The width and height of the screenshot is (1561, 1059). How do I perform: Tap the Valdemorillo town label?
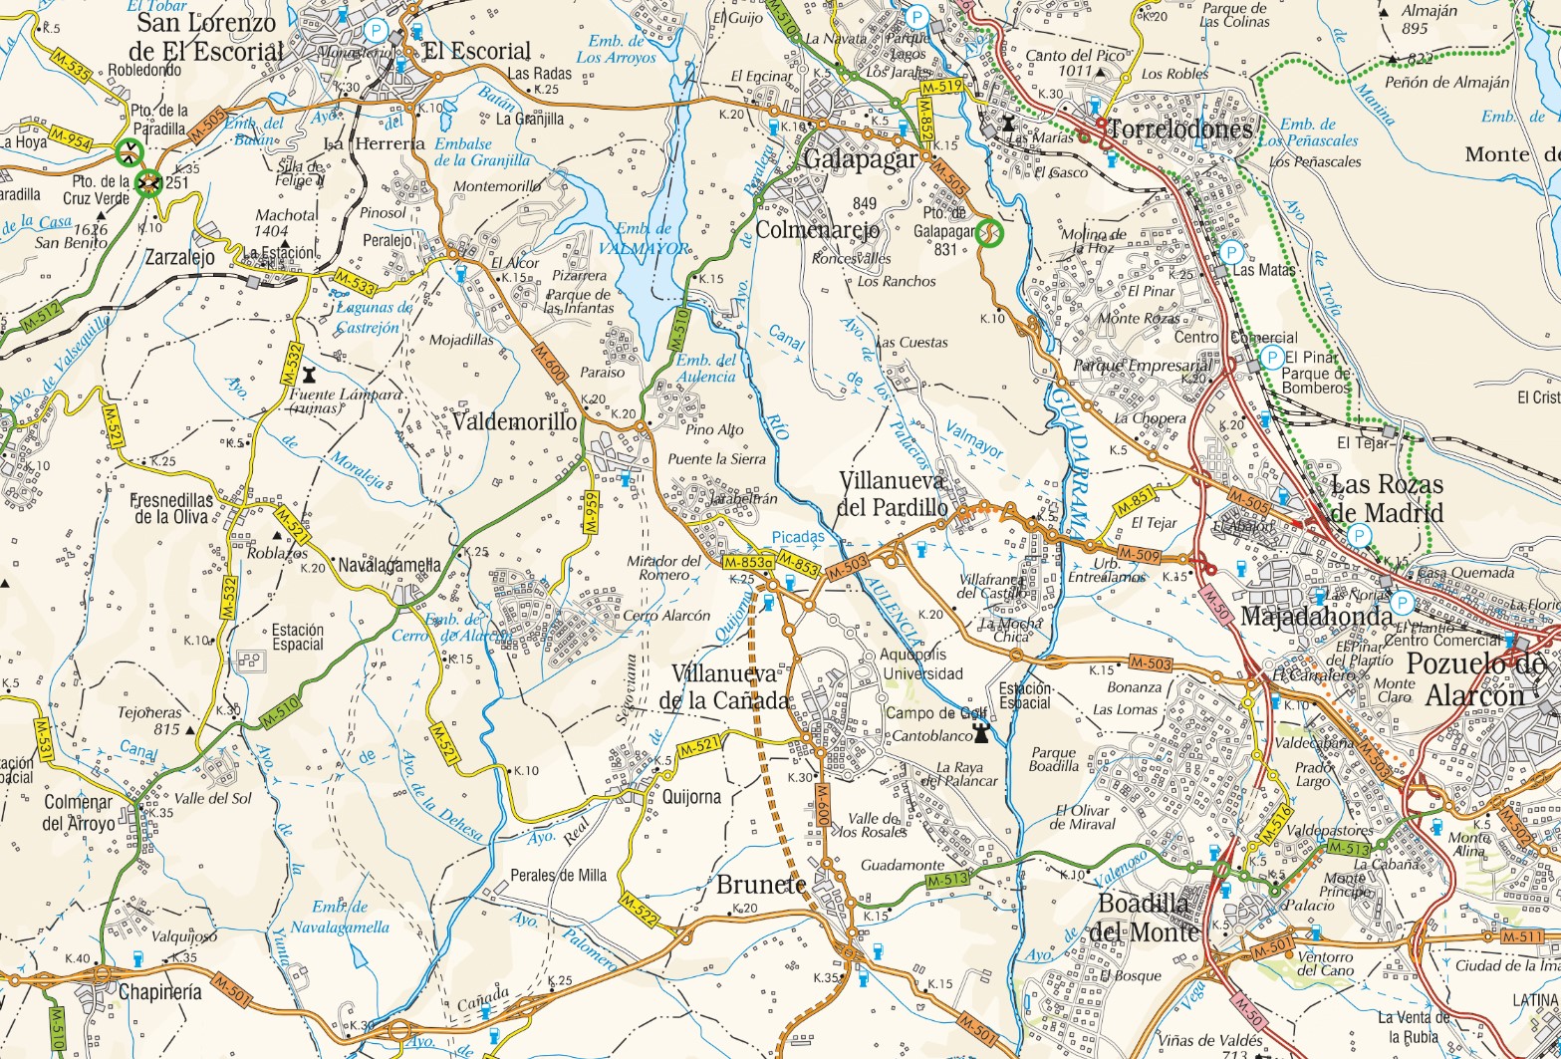514,421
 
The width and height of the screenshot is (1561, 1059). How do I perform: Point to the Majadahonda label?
1315,617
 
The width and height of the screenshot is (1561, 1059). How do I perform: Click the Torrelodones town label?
1178,130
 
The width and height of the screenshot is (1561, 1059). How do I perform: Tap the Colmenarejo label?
818,230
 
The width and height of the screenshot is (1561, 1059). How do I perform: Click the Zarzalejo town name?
179,256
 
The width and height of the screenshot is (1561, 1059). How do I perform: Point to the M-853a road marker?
747,563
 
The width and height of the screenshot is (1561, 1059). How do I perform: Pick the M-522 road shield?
638,910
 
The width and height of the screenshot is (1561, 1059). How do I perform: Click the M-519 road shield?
940,88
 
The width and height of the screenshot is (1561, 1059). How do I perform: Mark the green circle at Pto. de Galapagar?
989,233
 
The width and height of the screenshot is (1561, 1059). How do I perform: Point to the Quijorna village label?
684,796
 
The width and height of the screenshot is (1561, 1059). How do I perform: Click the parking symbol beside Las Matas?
1231,252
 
